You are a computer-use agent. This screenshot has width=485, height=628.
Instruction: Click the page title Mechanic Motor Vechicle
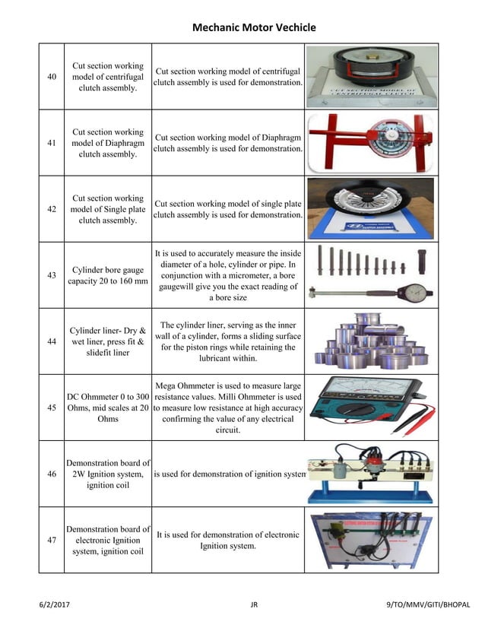click(254, 27)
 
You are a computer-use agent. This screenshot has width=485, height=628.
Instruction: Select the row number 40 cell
click(52, 77)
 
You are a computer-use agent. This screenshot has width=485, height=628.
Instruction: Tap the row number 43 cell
click(52, 275)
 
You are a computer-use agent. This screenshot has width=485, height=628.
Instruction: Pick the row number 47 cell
click(52, 540)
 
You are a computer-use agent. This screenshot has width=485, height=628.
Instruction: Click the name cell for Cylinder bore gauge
click(108, 275)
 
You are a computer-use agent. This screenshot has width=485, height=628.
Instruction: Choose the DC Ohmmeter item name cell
click(108, 408)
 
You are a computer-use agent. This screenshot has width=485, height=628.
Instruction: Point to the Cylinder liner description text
click(228, 341)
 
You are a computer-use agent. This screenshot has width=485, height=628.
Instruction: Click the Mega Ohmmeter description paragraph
click(228, 408)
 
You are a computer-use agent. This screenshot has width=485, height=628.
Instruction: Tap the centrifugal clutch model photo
click(372, 75)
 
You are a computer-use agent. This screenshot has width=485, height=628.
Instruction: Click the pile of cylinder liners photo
click(372, 341)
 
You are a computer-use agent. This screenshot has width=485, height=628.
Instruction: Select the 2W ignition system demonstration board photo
click(372, 474)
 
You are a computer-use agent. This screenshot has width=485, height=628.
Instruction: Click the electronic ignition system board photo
click(372, 540)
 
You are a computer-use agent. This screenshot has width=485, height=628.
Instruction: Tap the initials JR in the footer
click(254, 605)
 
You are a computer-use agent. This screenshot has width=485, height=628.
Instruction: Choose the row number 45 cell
click(52, 408)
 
